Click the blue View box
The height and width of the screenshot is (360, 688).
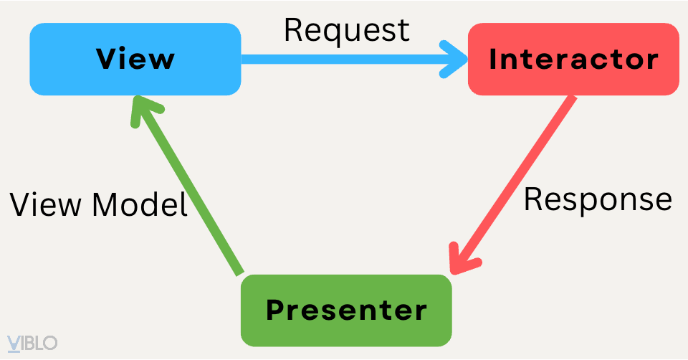pos(135,59)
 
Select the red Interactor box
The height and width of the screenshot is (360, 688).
pos(573,59)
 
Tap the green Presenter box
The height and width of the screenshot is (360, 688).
pos(346,311)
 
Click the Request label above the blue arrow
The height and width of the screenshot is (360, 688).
pos(347,30)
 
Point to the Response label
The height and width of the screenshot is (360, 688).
pos(598,199)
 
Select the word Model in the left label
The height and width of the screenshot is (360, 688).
pos(140,206)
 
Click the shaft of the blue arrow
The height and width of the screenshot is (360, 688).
pos(344,60)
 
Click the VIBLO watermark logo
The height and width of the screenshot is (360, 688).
pos(32,343)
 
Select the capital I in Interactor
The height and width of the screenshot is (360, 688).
pos(494,59)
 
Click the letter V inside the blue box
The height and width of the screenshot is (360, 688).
pos(106,59)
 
